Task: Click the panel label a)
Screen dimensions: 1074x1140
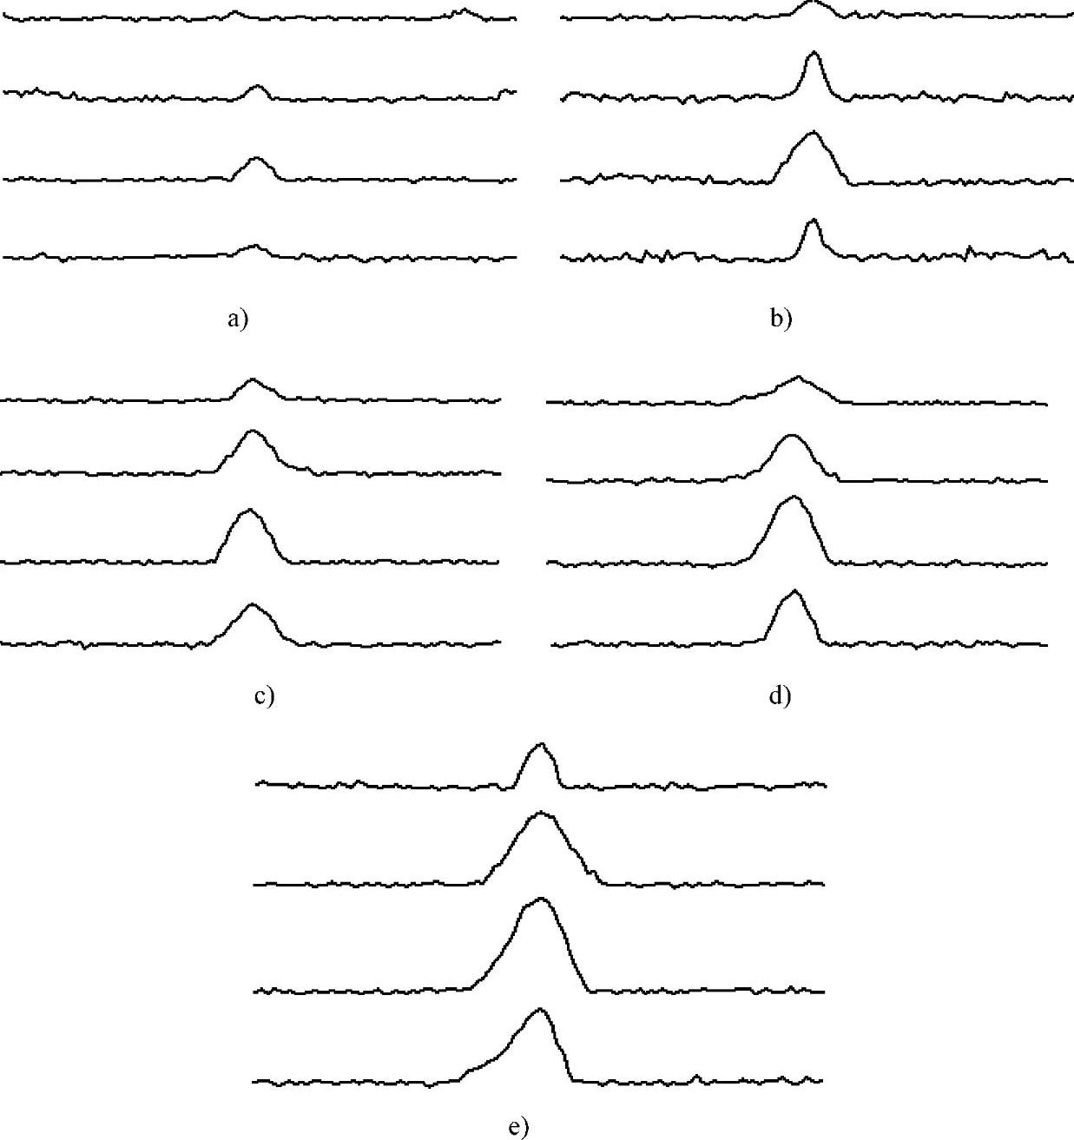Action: pos(237,320)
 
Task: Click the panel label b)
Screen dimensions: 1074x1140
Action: pos(781,320)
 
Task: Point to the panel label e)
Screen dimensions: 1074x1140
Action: pos(517,1127)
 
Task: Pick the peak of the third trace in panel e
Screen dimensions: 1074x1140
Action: pos(541,899)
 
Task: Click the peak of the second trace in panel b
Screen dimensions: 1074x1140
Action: pos(813,53)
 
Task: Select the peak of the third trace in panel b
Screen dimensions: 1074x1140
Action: pos(812,133)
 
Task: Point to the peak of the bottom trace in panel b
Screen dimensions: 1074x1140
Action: pos(812,221)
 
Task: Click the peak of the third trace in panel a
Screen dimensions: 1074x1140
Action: pos(255,158)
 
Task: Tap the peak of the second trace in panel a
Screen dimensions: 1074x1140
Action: pos(256,86)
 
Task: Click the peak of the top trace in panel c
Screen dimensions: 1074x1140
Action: pos(253,379)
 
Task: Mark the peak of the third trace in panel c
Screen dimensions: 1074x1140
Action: pos(249,511)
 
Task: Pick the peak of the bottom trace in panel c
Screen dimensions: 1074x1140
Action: pos(253,604)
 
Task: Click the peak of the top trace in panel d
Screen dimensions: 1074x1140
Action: pos(799,377)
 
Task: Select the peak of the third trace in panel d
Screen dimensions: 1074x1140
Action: pos(792,498)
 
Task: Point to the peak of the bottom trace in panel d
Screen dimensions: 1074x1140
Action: pos(795,591)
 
